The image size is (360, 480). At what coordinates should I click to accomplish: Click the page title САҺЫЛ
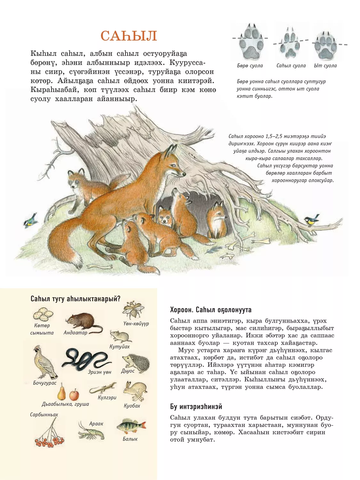[129, 36]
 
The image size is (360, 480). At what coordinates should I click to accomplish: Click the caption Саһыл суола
[291, 66]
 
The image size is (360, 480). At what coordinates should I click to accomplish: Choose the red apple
[74, 395]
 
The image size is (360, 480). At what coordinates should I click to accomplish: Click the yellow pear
[61, 392]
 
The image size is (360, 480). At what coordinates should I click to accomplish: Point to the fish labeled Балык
[131, 426]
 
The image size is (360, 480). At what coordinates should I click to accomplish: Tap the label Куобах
[132, 406]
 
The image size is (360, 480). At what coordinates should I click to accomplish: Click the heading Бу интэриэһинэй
[196, 407]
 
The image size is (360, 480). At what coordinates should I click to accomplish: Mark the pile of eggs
[43, 314]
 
